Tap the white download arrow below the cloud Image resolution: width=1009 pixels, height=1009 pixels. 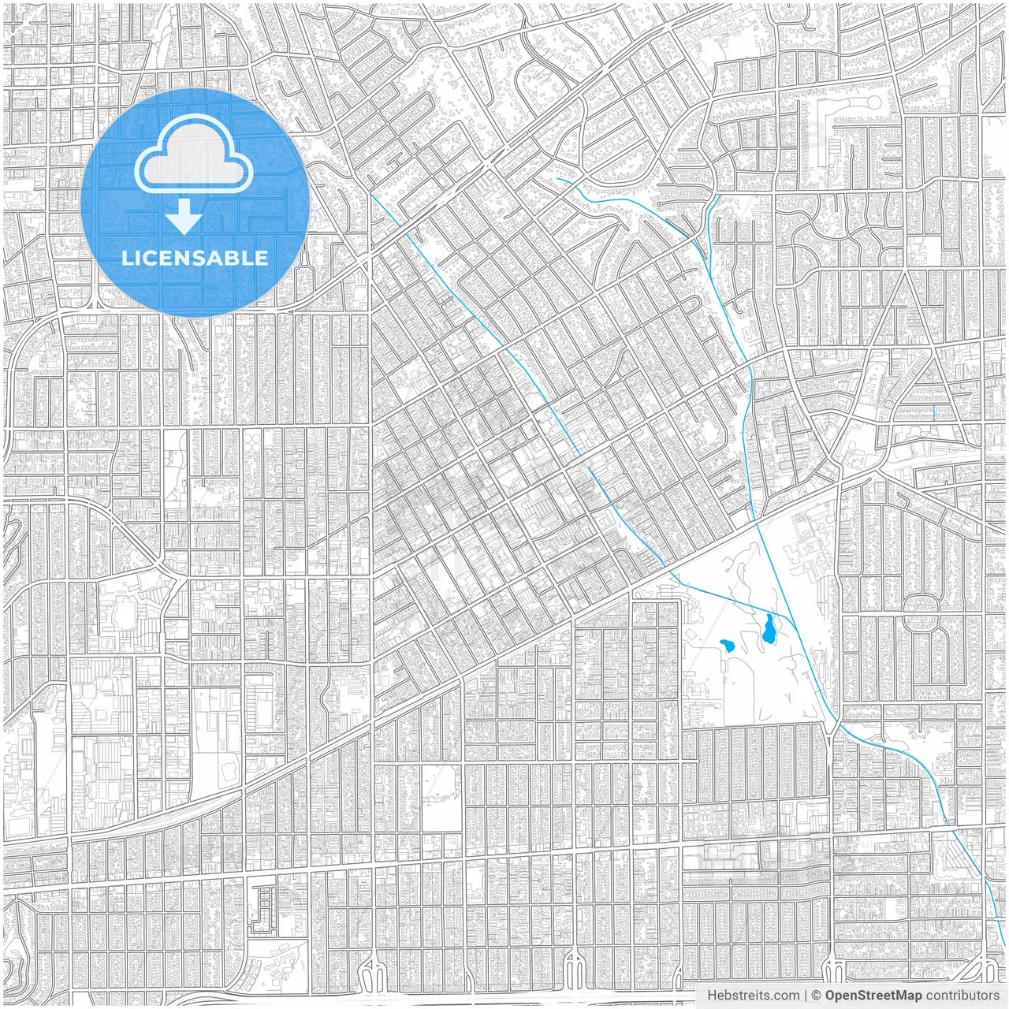tap(184, 217)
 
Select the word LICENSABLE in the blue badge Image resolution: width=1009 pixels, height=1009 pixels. tap(195, 258)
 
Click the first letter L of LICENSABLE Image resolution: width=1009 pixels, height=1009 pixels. tap(127, 258)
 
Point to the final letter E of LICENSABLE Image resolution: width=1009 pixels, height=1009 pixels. tap(262, 258)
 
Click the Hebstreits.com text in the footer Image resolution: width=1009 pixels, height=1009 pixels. tap(752, 996)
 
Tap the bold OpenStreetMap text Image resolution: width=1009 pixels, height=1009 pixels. tap(873, 996)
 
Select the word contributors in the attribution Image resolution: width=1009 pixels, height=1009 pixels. tap(962, 996)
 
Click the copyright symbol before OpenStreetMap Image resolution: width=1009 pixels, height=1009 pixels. tap(817, 996)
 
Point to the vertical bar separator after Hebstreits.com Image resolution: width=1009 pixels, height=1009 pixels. tap(806, 996)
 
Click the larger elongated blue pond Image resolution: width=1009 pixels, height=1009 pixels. tap(768, 628)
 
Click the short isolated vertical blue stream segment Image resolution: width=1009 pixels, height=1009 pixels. tap(933, 412)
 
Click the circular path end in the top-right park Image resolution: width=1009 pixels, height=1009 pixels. tap(873, 103)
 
